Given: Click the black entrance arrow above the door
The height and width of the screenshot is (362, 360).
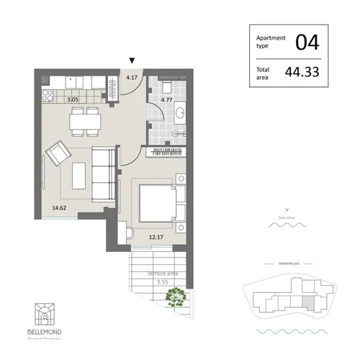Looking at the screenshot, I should pyautogui.click(x=131, y=62).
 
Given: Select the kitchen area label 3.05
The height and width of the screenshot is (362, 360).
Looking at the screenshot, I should pyautogui.click(x=73, y=102).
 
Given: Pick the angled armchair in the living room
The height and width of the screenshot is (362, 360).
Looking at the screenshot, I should pyautogui.click(x=58, y=153).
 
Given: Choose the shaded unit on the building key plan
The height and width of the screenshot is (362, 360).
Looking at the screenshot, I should pyautogui.click(x=307, y=303).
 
